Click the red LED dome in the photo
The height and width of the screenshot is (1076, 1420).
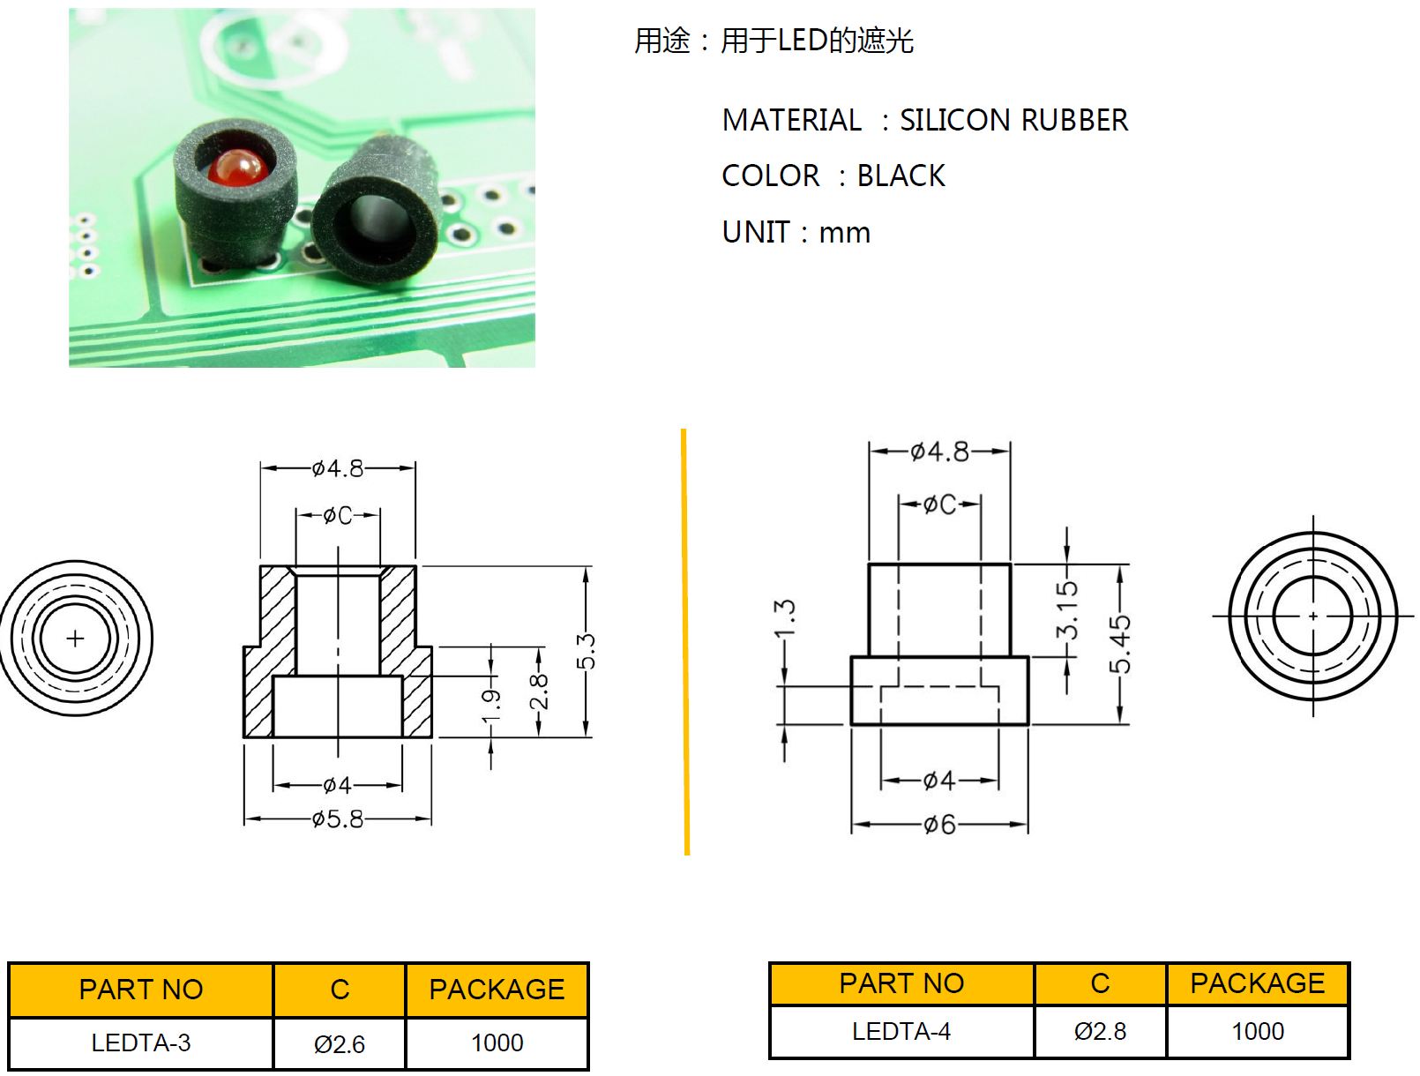tap(236, 168)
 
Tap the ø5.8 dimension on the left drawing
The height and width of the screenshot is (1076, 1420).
tap(338, 819)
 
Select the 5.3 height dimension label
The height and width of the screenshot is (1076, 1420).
tap(587, 651)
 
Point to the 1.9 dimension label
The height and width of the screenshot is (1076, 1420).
tap(491, 705)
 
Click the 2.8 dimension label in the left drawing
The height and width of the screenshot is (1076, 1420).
tap(539, 691)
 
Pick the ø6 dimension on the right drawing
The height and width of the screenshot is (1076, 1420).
tap(939, 825)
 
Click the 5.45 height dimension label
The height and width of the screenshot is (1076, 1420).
tap(1120, 644)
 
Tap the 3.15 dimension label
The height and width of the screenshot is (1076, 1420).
tap(1067, 609)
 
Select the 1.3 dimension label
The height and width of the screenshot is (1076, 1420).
tap(784, 618)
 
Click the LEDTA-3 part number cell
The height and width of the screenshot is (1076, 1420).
tap(141, 1043)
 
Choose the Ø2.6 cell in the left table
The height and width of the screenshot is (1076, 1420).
tap(340, 1044)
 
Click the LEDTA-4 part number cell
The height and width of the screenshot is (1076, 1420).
tap(901, 1031)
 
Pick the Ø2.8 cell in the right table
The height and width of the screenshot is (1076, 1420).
tap(1100, 1031)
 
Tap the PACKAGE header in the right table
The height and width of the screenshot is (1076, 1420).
tap(1257, 983)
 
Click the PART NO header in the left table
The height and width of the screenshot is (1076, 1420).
tap(141, 990)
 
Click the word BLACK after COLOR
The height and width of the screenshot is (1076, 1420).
tap(901, 176)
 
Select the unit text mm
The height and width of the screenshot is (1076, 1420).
tap(844, 232)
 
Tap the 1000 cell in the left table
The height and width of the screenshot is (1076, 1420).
tap(497, 1043)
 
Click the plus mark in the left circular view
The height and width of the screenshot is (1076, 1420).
tap(75, 638)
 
